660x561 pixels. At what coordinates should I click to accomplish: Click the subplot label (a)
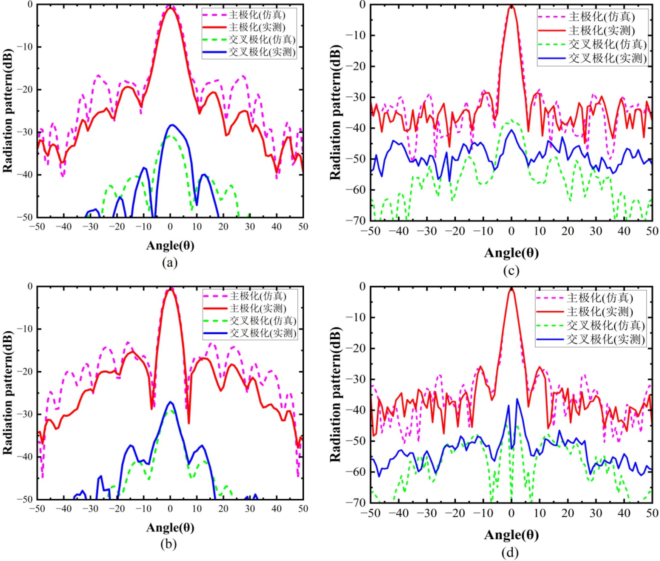tap(170, 263)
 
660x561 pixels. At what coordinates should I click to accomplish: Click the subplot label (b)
tap(169, 544)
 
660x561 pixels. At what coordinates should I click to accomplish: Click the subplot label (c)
tap(511, 271)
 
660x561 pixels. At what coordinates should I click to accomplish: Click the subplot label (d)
tap(510, 552)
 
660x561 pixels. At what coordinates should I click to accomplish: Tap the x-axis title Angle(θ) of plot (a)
tap(170, 246)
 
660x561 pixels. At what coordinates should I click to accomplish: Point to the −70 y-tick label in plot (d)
tap(356, 503)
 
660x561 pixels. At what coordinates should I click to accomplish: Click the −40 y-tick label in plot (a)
tap(25, 175)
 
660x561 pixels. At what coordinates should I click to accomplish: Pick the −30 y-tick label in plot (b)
tap(25, 414)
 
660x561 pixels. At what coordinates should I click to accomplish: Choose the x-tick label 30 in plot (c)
tap(596, 231)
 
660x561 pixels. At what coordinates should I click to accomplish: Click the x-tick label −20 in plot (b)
tap(117, 509)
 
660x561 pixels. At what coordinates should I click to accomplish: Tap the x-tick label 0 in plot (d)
tap(511, 513)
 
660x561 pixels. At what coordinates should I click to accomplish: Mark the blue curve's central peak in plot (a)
tap(172, 125)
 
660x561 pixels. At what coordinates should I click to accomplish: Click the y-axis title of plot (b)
tap(8, 392)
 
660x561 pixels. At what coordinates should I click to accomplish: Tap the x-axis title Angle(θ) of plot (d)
tap(511, 535)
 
